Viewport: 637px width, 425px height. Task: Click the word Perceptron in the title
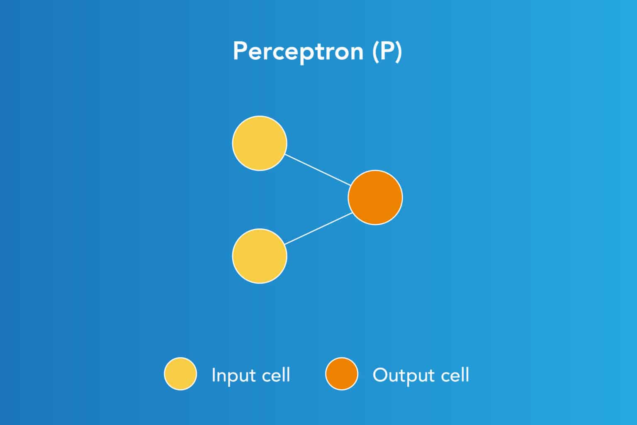coord(298,51)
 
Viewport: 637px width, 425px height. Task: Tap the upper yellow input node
coord(259,143)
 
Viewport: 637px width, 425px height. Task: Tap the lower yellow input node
coord(259,256)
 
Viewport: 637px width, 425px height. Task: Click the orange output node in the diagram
coord(375,197)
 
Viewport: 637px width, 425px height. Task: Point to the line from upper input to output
coord(318,170)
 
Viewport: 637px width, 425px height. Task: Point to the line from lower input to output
coord(318,228)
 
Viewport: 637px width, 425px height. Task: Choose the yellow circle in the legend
coord(180,374)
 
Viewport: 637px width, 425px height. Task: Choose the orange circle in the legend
coord(341,374)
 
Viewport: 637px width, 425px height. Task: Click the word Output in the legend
coord(401,376)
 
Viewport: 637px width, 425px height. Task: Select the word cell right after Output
coord(455,375)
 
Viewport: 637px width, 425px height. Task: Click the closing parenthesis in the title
coord(398,51)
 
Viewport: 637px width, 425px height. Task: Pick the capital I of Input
coord(214,375)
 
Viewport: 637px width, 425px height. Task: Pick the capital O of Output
coord(380,375)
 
